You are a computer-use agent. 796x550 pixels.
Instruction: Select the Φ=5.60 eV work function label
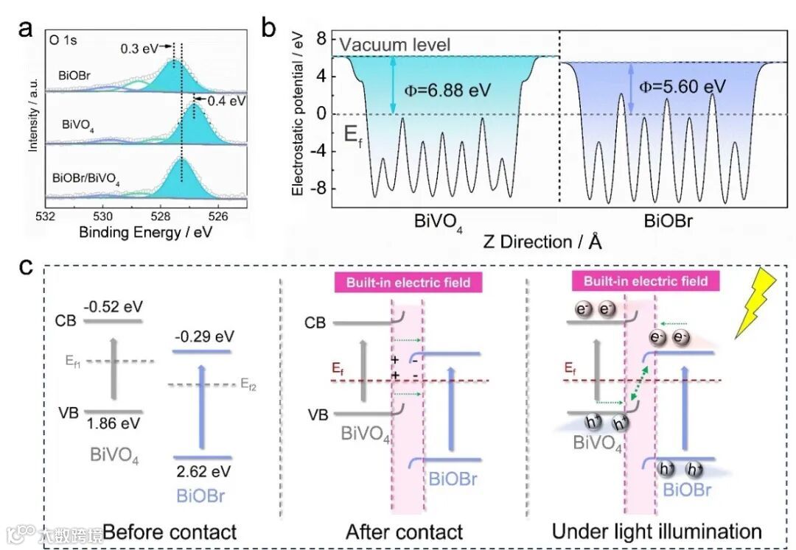pyautogui.click(x=682, y=87)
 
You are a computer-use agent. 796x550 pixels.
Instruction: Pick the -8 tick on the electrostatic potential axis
pyautogui.click(x=321, y=188)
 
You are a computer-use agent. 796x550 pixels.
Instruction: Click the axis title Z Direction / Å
pyautogui.click(x=542, y=241)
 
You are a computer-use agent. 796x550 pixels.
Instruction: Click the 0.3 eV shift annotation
pyautogui.click(x=139, y=49)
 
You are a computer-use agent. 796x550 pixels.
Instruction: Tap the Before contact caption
pyautogui.click(x=170, y=531)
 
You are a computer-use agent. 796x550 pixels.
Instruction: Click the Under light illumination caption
pyautogui.click(x=657, y=531)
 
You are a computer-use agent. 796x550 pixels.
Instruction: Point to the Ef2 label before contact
pyautogui.click(x=248, y=384)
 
